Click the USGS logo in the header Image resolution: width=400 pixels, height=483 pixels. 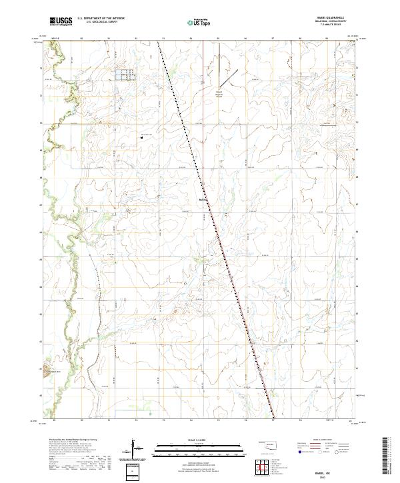pyautogui.click(x=61, y=22)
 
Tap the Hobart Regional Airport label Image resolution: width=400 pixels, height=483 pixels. pyautogui.click(x=218, y=94)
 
